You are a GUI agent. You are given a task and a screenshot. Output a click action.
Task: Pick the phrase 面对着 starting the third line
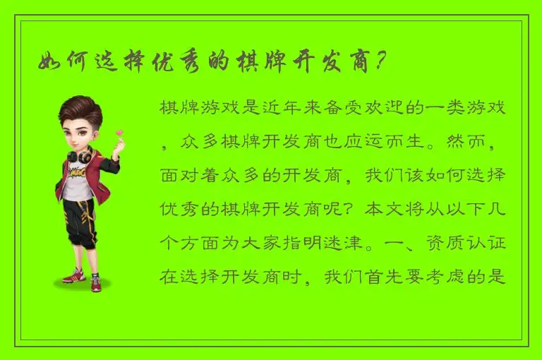pos(187,176)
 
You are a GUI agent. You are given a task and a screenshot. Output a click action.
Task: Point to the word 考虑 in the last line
pos(446,277)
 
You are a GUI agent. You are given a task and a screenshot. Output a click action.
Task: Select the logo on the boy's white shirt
pos(77,173)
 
